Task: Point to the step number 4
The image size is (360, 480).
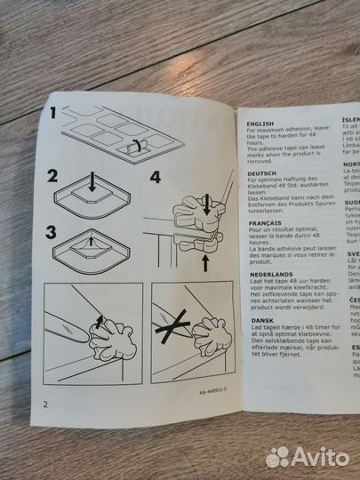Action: coord(156,177)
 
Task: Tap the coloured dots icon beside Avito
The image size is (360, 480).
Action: coord(278,456)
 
